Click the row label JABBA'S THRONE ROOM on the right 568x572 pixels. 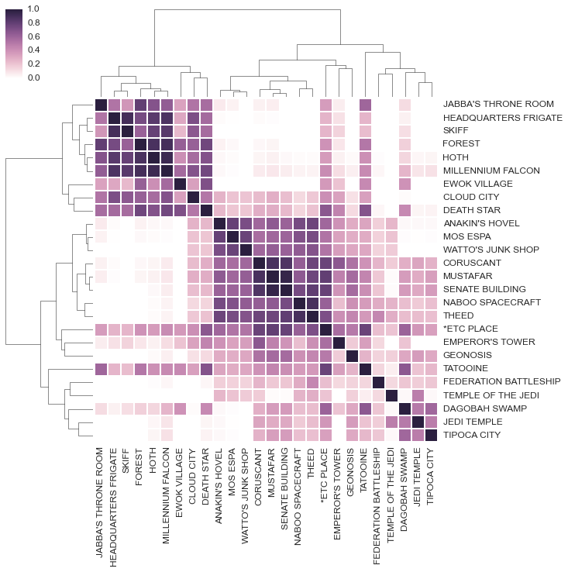pos(497,104)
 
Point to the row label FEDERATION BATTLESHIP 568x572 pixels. pos(501,382)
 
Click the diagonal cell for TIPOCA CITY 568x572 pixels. pos(431,435)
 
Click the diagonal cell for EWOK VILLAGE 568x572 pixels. pos(181,184)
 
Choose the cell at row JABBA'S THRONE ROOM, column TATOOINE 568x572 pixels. pos(365,104)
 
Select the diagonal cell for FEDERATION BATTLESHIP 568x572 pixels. pos(378,382)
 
